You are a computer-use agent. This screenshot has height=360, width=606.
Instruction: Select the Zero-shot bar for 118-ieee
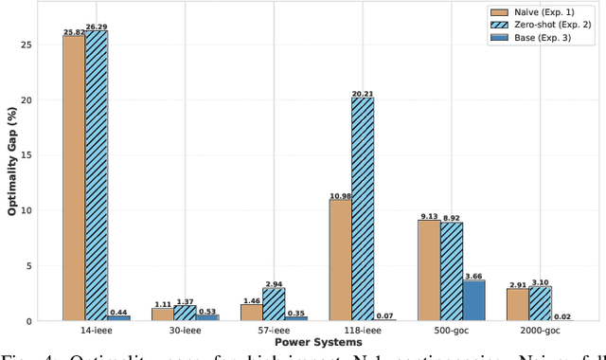(x=363, y=209)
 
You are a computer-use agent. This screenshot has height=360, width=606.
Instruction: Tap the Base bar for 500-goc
(x=474, y=300)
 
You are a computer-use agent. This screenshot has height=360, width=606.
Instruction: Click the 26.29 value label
(x=97, y=27)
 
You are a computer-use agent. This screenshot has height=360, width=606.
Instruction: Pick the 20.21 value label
(x=363, y=93)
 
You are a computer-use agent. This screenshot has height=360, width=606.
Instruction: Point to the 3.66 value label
(x=474, y=276)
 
